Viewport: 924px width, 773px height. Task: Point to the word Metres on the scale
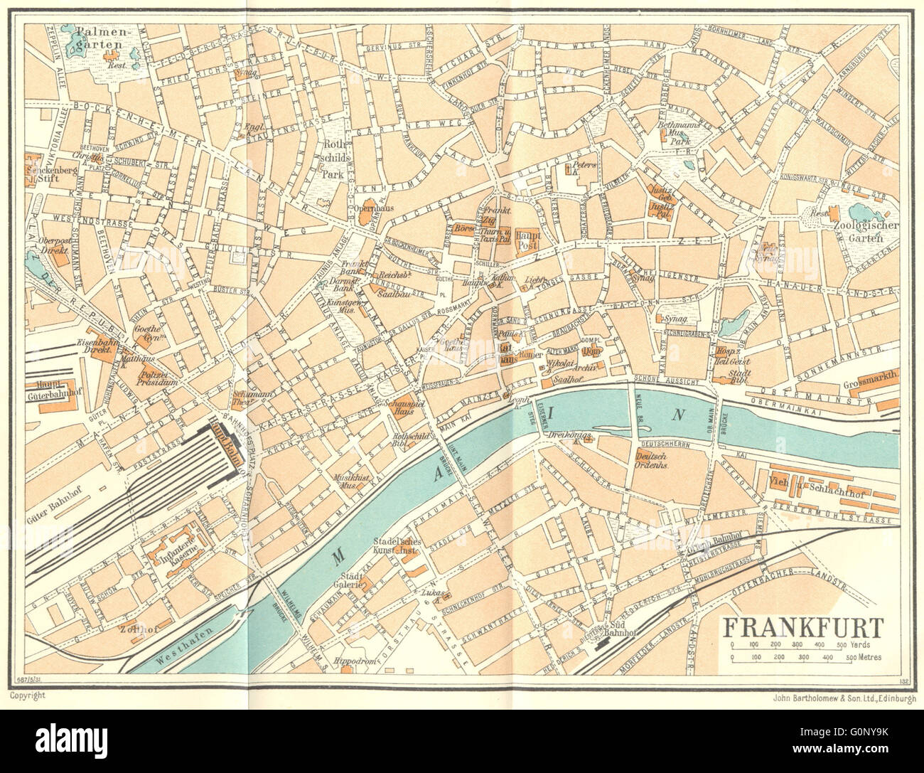868,658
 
